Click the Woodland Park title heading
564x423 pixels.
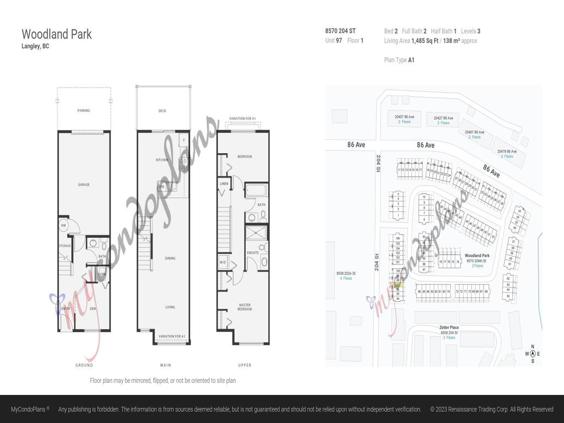[57, 34]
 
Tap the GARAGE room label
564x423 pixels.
[84, 185]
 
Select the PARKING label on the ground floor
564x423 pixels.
[84, 111]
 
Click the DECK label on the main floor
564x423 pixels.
[162, 111]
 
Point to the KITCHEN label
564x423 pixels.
[162, 160]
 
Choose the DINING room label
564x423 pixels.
[170, 258]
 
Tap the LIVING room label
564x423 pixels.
[170, 307]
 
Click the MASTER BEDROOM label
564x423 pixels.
[245, 307]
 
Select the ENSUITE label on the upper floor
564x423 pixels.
[253, 253]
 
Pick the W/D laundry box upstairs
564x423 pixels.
[223, 262]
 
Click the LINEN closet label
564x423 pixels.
[224, 184]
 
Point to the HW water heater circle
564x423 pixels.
[64, 225]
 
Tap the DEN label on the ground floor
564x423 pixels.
[93, 308]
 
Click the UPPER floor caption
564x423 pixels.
[245, 365]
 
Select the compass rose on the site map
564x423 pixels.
[533, 354]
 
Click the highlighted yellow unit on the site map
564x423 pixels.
[398, 284]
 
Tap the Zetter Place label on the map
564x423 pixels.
[449, 328]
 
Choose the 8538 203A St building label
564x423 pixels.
[346, 273]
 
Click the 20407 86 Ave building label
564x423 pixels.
[404, 117]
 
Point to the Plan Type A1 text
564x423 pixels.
[399, 60]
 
